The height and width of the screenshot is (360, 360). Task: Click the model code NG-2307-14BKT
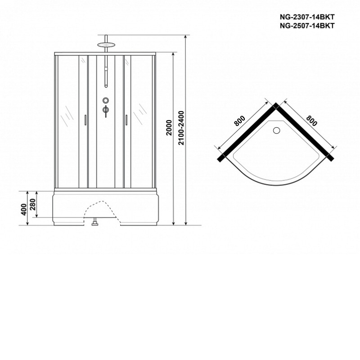[307, 17]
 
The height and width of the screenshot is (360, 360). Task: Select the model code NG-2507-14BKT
[307, 26]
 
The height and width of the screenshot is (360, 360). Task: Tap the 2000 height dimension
[169, 128]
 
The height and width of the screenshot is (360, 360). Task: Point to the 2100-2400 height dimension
[181, 128]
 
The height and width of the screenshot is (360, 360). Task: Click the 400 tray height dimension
[24, 209]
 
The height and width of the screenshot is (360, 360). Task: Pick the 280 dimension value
[32, 204]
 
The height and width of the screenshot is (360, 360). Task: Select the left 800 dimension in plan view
[240, 121]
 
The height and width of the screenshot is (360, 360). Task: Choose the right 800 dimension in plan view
[311, 121]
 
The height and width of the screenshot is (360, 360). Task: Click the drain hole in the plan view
[276, 130]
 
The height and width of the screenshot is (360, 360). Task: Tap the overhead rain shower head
[106, 45]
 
